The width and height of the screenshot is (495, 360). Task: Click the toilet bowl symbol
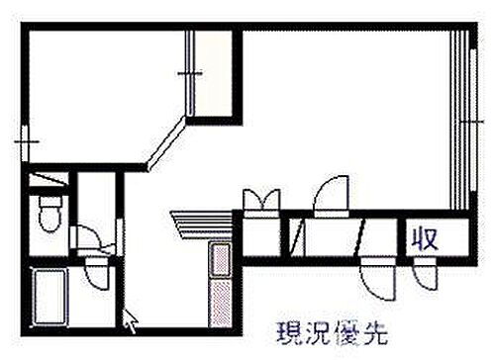click(x=48, y=213)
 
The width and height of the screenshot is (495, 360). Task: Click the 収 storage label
click(x=426, y=238)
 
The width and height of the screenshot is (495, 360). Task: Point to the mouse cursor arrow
click(x=129, y=319)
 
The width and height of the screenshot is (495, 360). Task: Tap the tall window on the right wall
click(x=458, y=119)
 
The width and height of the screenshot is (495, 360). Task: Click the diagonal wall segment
click(x=165, y=142)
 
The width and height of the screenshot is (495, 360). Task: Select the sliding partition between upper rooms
click(x=189, y=74)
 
